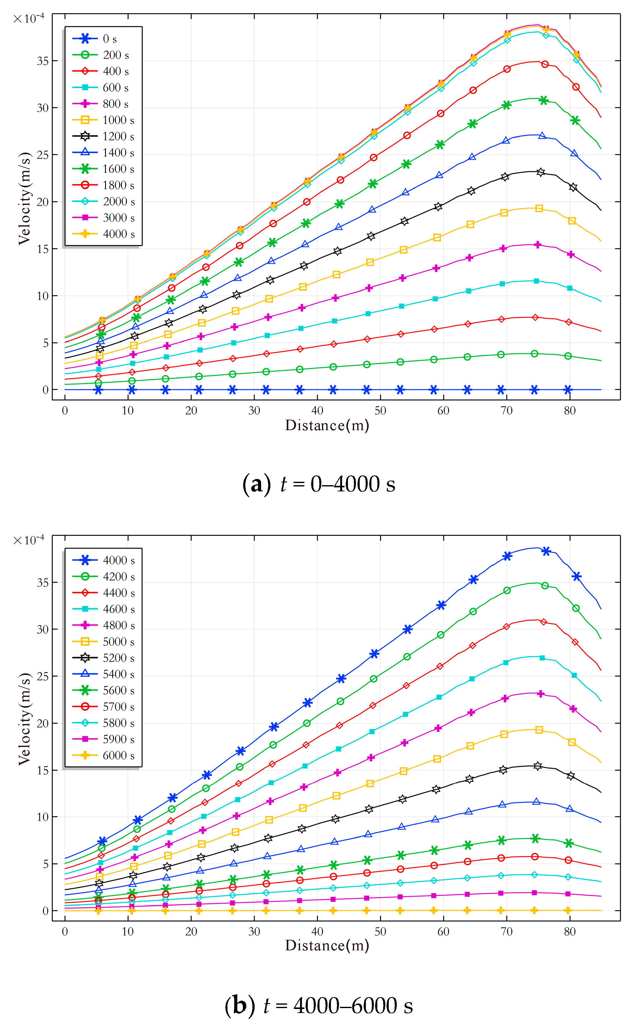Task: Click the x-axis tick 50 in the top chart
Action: point(380,410)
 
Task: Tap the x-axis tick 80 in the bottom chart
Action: point(569,931)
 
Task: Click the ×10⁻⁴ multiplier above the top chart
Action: point(28,19)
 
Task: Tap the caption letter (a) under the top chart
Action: point(256,484)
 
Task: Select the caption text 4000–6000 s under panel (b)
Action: point(353,1005)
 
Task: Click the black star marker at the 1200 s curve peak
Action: point(540,172)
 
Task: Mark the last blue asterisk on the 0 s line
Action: point(568,390)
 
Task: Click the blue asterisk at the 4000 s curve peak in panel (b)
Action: point(546,551)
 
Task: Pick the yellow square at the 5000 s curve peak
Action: point(539,730)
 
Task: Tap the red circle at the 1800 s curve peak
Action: point(545,64)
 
